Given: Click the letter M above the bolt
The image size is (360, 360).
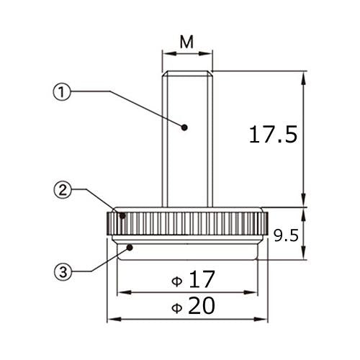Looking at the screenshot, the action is point(186,42).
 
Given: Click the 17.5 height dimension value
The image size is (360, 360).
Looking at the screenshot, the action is point(274,135).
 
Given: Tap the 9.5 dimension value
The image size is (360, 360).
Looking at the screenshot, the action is point(287,235).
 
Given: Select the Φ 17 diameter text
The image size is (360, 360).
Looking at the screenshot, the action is point(193,279).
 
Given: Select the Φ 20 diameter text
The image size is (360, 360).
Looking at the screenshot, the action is point(193,305).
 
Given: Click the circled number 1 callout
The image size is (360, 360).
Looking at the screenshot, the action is point(62,91).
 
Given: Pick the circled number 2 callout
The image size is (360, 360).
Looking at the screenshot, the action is point(63,190).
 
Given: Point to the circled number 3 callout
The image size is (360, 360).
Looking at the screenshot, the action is point(63,272).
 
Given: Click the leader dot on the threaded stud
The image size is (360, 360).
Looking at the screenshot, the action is point(184,127).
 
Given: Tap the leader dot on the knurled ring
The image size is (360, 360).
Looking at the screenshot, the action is point(122,215).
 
